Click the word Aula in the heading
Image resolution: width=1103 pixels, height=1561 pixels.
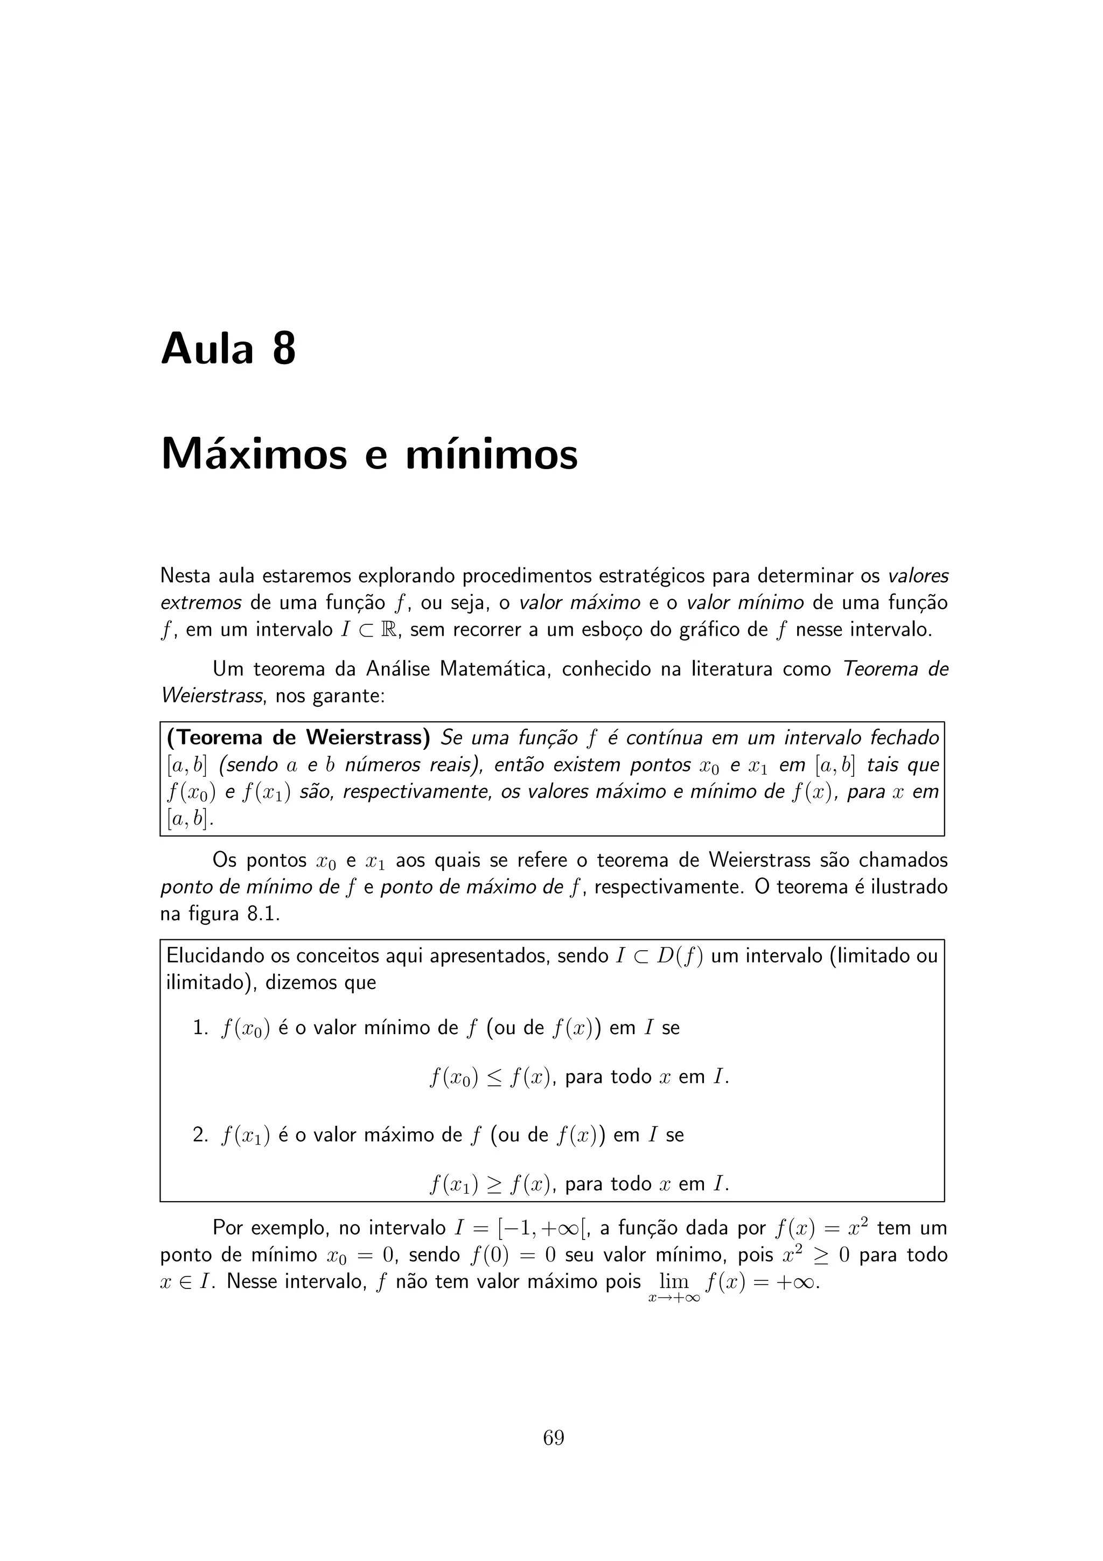207,350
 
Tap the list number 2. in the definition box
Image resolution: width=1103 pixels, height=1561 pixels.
200,1135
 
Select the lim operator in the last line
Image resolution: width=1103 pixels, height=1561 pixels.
674,1282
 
